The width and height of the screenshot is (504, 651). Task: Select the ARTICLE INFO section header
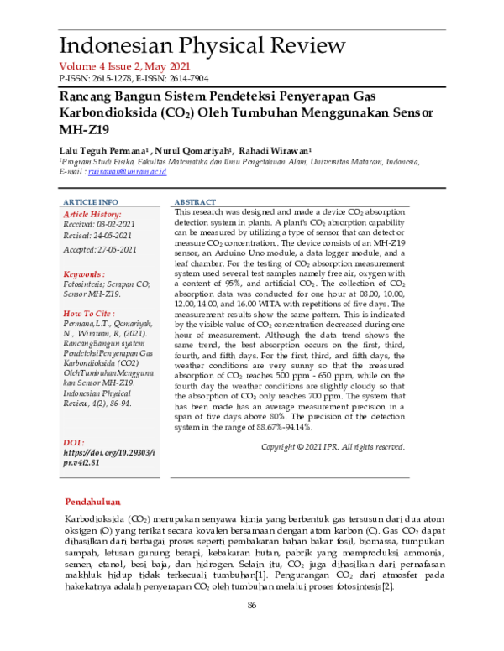[x=92, y=203]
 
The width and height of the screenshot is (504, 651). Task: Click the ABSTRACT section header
[x=196, y=203]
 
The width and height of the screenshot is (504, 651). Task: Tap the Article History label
[x=93, y=215]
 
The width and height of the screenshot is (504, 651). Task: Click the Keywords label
[x=85, y=273]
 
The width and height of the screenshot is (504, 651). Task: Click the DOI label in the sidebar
[x=76, y=441]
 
